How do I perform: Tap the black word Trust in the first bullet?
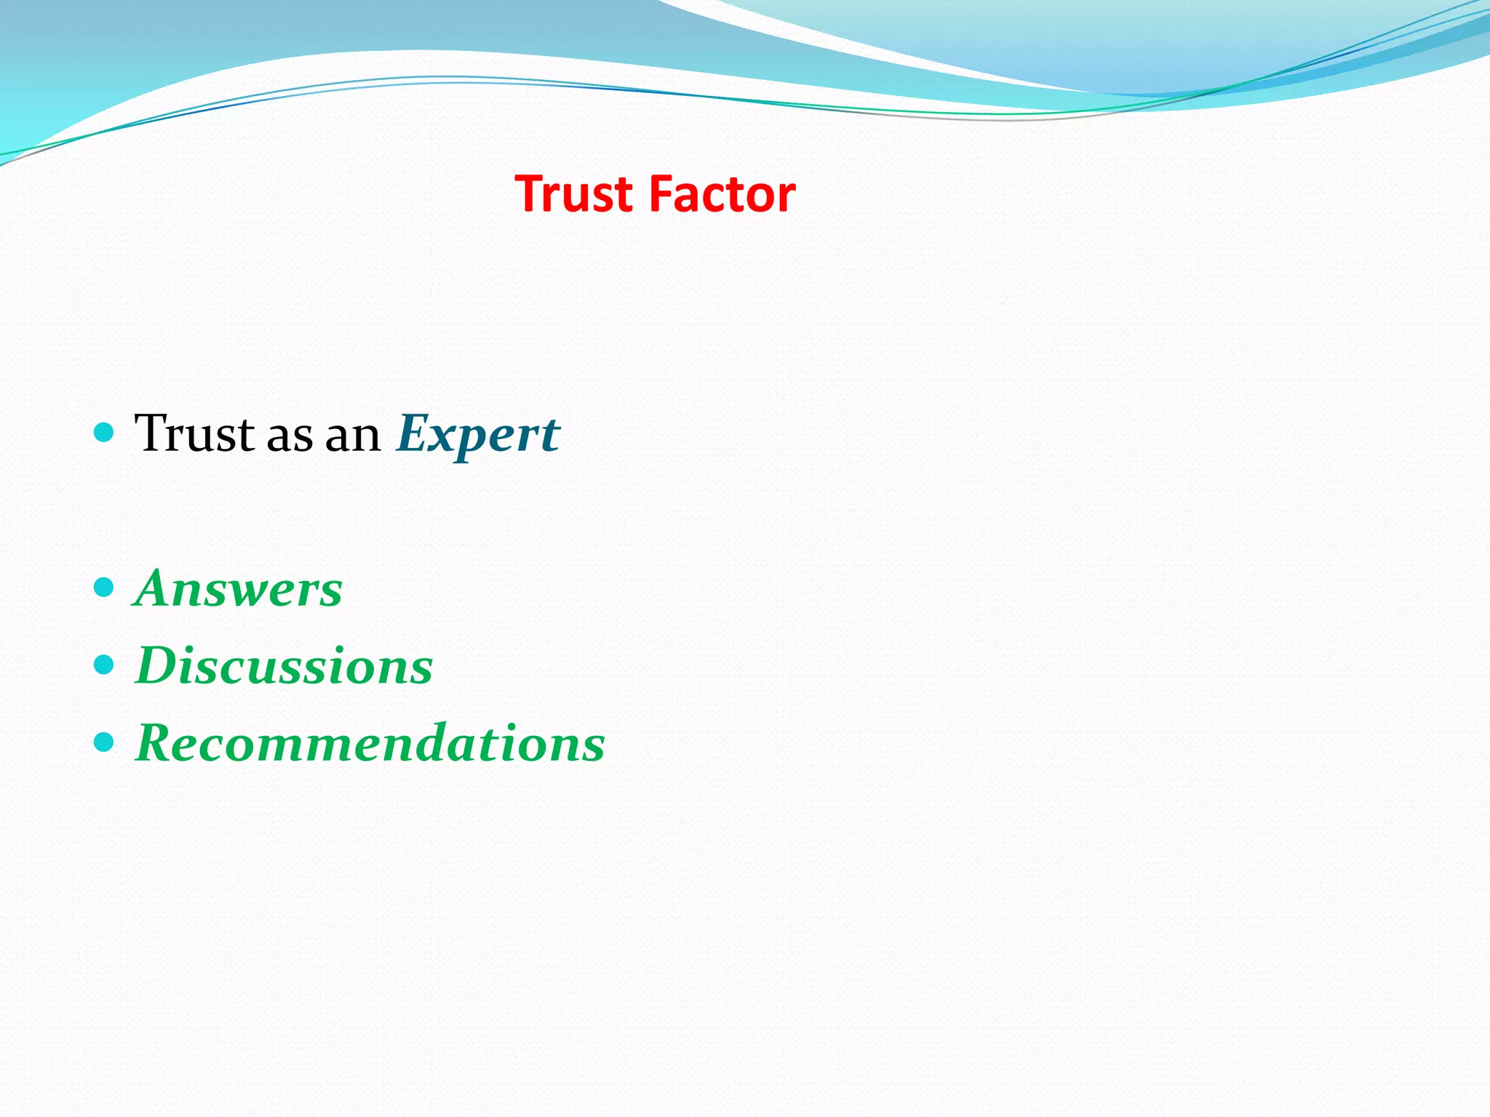pos(194,434)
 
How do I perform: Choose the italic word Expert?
pos(478,435)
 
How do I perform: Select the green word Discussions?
pos(284,665)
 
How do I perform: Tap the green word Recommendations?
pos(370,743)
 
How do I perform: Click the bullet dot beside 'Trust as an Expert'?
pos(105,433)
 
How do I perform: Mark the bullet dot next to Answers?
pos(105,587)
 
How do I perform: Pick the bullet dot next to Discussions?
pos(105,665)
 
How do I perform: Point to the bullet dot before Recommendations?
pos(105,742)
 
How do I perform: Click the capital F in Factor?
pos(660,195)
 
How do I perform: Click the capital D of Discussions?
pos(156,665)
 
